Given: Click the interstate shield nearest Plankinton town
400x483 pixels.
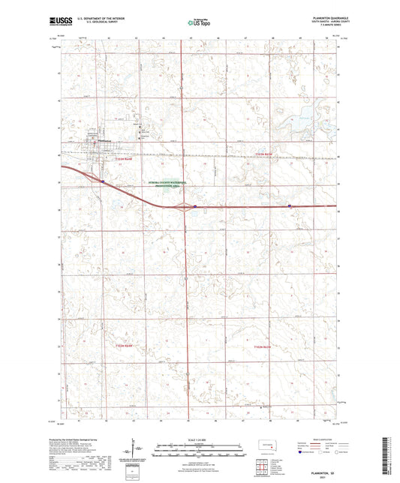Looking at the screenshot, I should click(x=102, y=180).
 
